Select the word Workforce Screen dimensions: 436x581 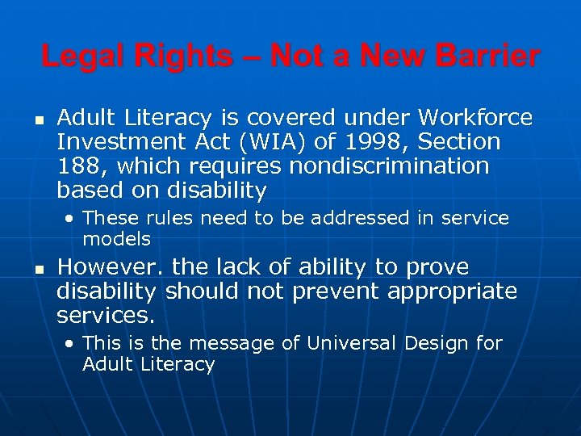[x=475, y=118]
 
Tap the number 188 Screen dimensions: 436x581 [x=77, y=166]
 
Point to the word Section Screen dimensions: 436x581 [x=459, y=142]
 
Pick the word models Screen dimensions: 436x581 [x=116, y=239]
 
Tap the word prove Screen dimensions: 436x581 [x=438, y=267]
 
